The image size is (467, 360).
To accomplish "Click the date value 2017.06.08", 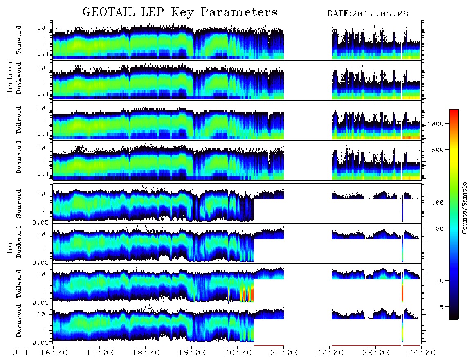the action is coord(380,14).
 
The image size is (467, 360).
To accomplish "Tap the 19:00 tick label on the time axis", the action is coord(192,353).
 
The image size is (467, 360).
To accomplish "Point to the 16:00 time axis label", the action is coord(54,353).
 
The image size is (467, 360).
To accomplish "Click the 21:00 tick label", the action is coord(284,353).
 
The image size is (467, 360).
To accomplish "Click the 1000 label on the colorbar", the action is coord(436,124).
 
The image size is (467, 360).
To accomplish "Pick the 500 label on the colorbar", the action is coord(438,150).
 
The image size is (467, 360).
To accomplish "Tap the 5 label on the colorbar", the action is coord(442,307).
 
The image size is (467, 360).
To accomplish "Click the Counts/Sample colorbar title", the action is coord(464,208).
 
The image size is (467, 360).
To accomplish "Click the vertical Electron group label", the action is coord(10,80).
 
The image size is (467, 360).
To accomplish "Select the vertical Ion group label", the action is coord(10,246).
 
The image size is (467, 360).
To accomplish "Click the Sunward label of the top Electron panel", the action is coord(19,40).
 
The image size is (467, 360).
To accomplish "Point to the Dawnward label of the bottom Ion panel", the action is coord(19,321).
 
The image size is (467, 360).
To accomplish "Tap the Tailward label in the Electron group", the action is coord(19,120).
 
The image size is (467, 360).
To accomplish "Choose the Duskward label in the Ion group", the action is coord(19,242).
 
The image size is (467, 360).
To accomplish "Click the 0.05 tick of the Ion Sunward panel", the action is coord(43,222).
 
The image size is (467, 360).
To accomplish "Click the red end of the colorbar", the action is coord(454,112).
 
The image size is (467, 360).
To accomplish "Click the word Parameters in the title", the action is coord(239,12).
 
